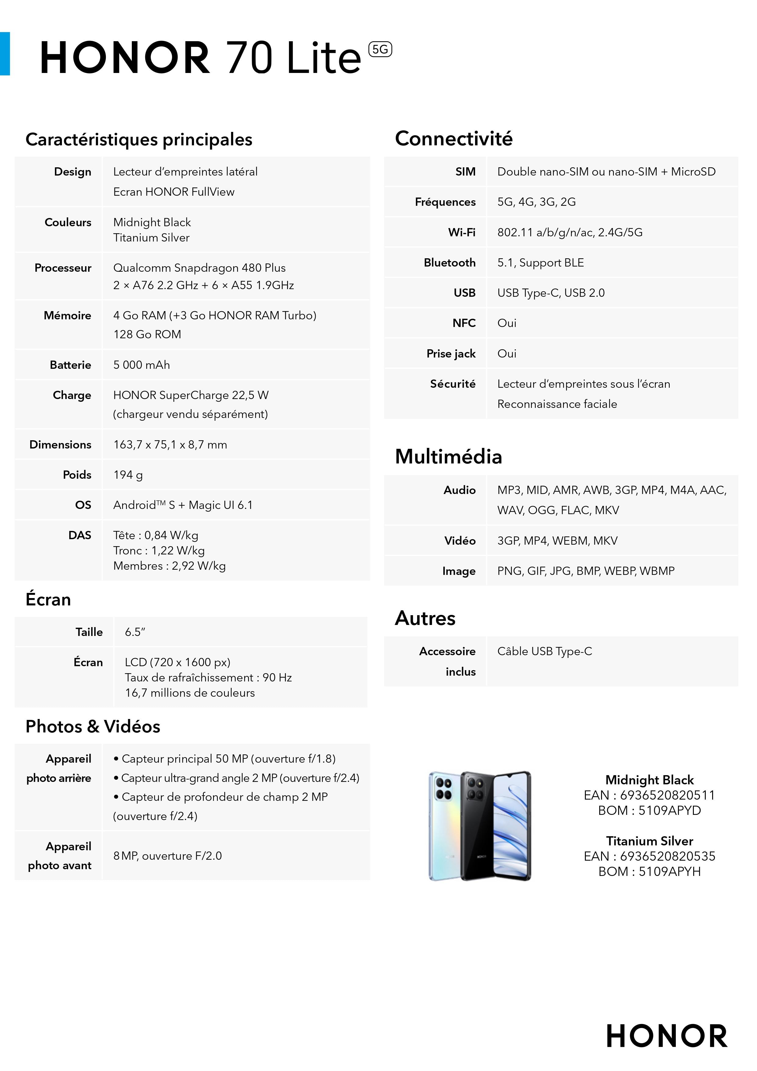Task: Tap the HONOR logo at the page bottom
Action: [x=667, y=1036]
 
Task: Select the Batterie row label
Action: [x=70, y=365]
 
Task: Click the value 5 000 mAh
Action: [x=142, y=365]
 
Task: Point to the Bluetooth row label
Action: [x=449, y=263]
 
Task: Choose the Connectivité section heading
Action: [x=453, y=139]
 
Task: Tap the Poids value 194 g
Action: [x=128, y=475]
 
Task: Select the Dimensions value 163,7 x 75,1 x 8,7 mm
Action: [x=170, y=445]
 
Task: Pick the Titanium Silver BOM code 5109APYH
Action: [x=669, y=871]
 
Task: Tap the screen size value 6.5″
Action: [x=135, y=632]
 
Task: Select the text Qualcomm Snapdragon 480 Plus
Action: [x=200, y=268]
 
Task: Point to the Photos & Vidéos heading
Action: [x=93, y=726]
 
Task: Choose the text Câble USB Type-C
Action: [x=544, y=651]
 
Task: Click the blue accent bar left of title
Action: [x=5, y=54]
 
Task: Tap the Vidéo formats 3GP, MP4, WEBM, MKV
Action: [x=557, y=541]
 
